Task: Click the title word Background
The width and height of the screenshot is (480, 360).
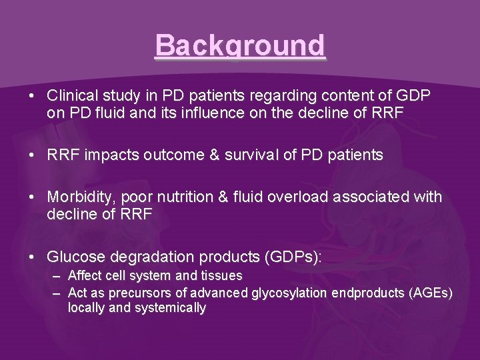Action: pyautogui.click(x=240, y=46)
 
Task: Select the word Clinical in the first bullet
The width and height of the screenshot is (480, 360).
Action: pyautogui.click(x=69, y=96)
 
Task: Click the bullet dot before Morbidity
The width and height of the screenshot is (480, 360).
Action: pyautogui.click(x=32, y=197)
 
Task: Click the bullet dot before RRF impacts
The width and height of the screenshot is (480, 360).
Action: pyautogui.click(x=32, y=155)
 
